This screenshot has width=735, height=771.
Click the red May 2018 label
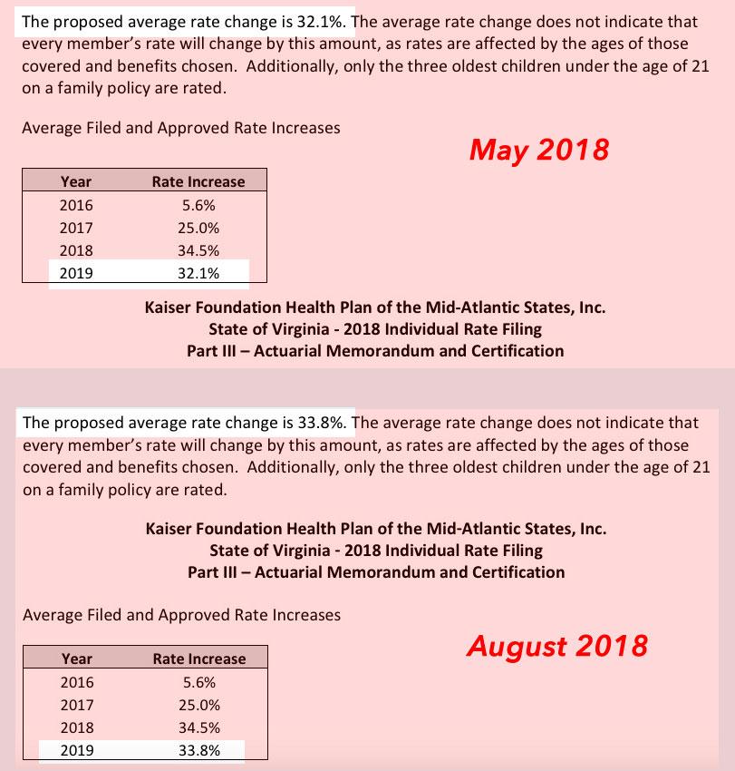point(538,150)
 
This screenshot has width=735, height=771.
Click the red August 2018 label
point(556,646)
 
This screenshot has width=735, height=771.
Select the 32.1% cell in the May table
point(198,272)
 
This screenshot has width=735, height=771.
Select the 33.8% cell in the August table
point(199,749)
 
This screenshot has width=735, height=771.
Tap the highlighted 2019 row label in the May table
point(76,272)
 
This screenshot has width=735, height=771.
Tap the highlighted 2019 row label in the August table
point(77,749)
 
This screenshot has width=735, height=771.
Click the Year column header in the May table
point(76,181)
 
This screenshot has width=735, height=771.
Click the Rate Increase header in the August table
point(199,659)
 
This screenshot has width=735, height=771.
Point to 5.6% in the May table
point(198,206)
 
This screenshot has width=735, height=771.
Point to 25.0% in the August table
point(199,705)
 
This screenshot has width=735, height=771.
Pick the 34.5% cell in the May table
point(198,250)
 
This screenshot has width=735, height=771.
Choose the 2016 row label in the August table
point(77,682)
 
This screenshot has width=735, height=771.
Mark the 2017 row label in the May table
point(76,229)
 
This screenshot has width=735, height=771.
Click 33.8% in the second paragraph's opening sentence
point(325,422)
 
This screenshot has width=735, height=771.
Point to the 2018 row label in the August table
point(77,727)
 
